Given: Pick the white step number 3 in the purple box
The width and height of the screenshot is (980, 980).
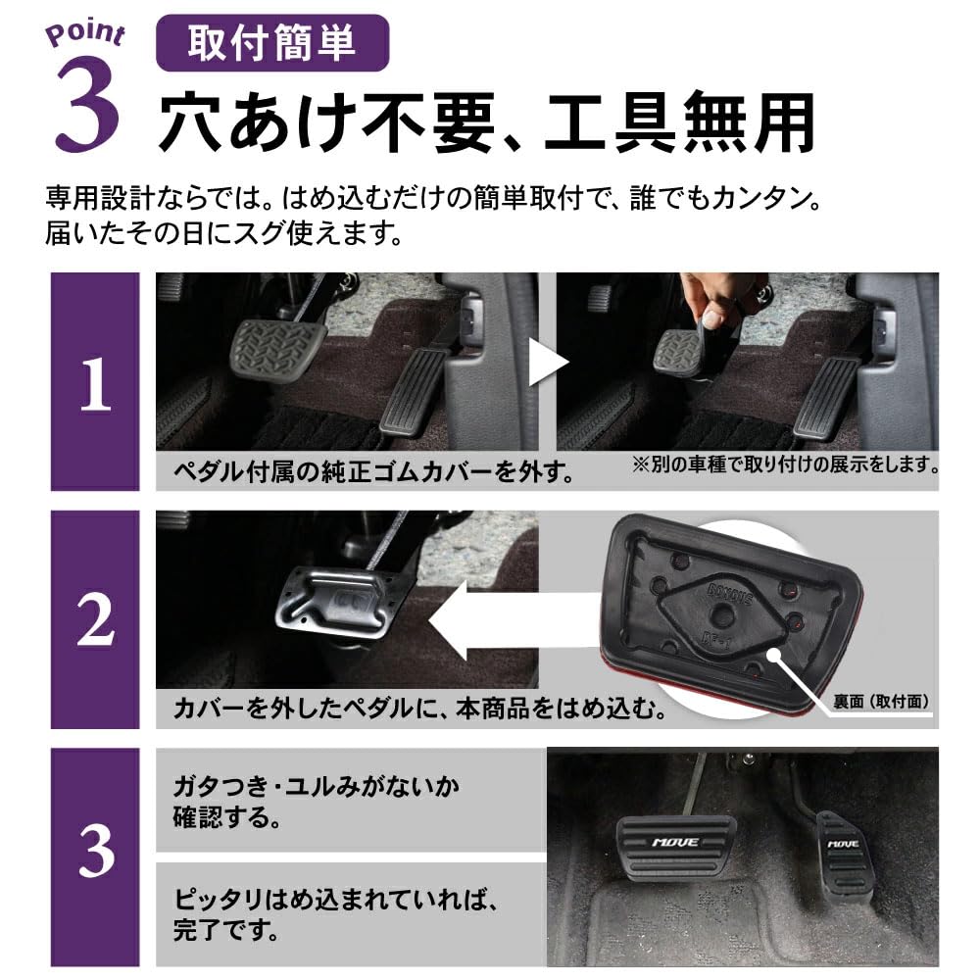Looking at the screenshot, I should coord(95,854).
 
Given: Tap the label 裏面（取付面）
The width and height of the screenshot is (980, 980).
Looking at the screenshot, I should coord(877,702).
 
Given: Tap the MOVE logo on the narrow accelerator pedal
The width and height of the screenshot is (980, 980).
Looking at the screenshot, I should coord(843,842).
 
